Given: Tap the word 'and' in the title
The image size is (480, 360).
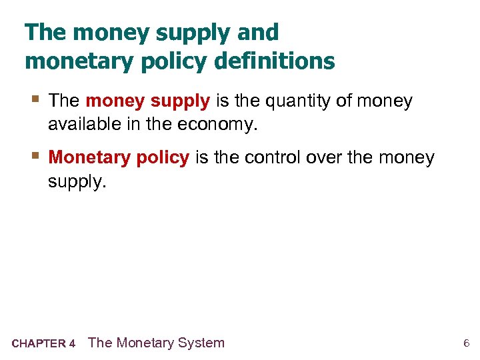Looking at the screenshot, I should pyautogui.click(x=257, y=32).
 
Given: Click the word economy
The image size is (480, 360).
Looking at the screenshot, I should pyautogui.click(x=219, y=125).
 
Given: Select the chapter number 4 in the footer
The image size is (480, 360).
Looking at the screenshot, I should pyautogui.click(x=72, y=344).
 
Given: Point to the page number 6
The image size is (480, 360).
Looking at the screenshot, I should pyautogui.click(x=467, y=344).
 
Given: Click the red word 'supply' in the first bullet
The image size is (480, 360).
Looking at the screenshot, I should pyautogui.click(x=180, y=102).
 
